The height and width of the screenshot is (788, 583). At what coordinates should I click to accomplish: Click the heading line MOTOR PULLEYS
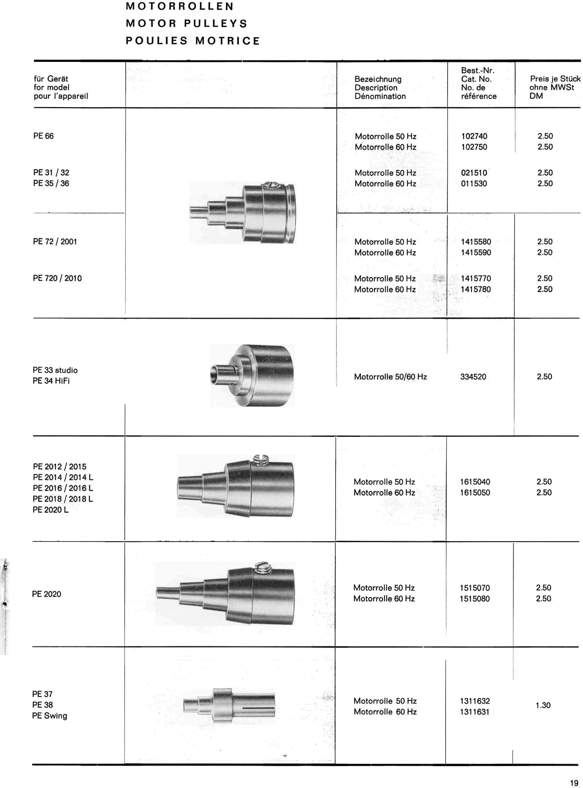pos(187,24)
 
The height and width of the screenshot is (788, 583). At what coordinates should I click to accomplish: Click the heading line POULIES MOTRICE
pos(193,41)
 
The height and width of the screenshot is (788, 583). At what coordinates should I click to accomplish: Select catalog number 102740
pos(474,136)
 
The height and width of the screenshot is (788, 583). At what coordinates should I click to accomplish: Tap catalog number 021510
pos(474,173)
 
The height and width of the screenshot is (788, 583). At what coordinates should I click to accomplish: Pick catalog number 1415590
pos(476,253)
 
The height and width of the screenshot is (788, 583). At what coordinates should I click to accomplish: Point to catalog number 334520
pos(473,377)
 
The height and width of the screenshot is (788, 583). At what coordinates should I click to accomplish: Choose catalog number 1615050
pos(475,493)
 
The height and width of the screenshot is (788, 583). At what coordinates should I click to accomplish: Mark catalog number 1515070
pos(475,588)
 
